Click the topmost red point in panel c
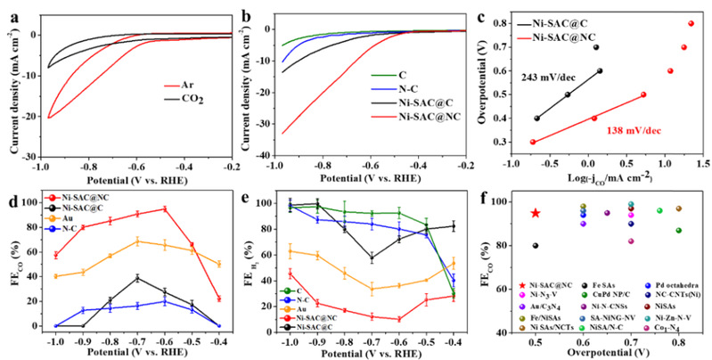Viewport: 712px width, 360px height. click(691, 23)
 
